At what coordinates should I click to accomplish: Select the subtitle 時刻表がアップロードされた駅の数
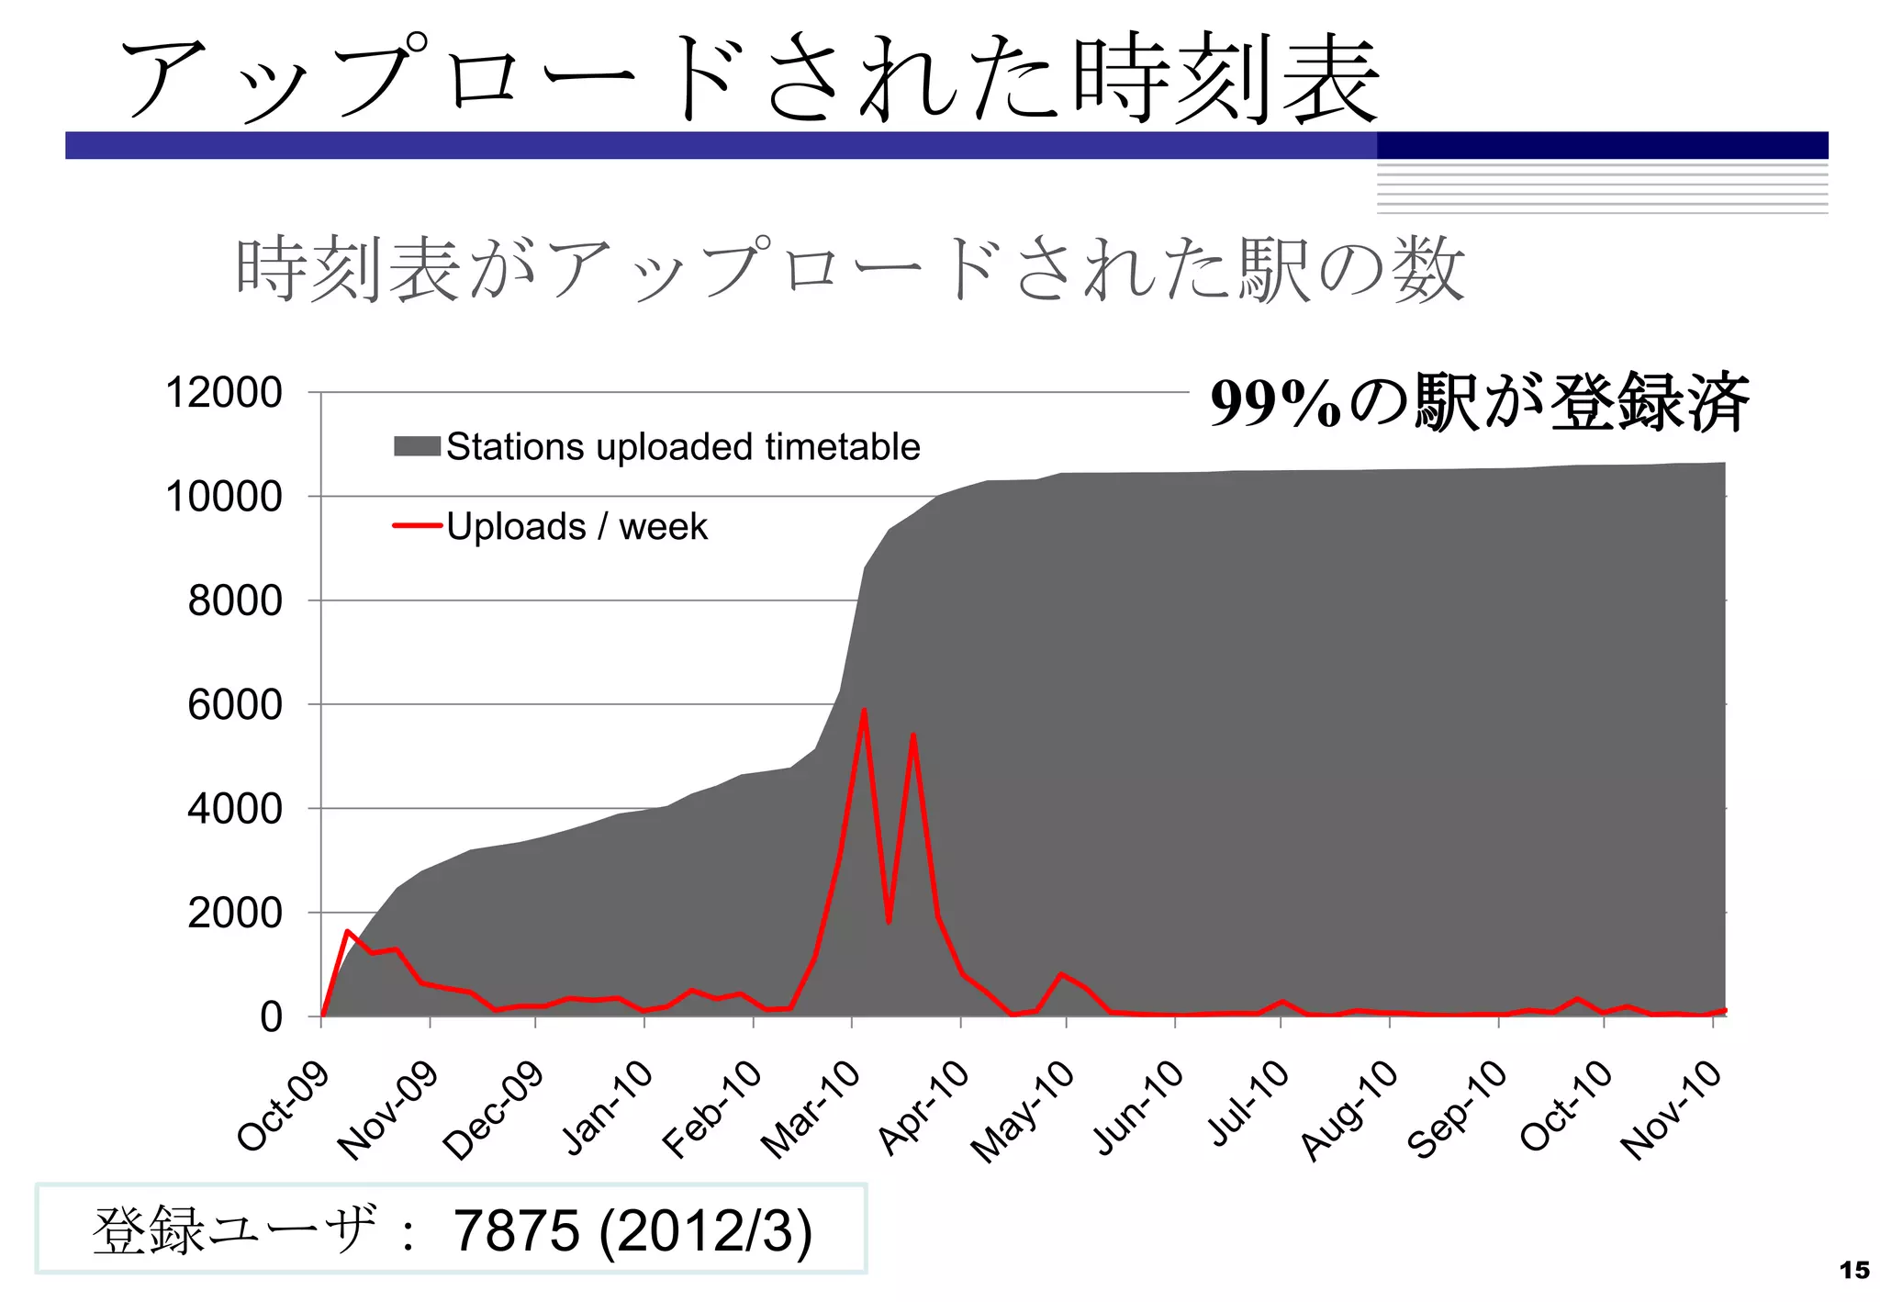[849, 270]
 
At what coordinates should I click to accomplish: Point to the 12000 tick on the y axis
[224, 393]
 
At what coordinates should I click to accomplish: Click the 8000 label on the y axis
[235, 601]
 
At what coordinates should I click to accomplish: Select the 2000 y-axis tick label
[235, 914]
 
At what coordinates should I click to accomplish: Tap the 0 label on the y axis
[271, 1017]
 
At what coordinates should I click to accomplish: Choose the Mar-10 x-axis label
[811, 1109]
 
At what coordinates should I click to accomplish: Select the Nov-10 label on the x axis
[1671, 1109]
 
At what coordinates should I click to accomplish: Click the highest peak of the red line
[864, 710]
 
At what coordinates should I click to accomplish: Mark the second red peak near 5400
[913, 735]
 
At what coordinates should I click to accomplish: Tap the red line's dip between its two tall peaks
[889, 921]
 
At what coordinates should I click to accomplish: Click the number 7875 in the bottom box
[517, 1230]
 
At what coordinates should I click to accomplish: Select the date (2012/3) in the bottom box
[705, 1230]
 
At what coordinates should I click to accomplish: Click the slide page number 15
[1854, 1271]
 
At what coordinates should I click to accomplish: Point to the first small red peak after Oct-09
[348, 931]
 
